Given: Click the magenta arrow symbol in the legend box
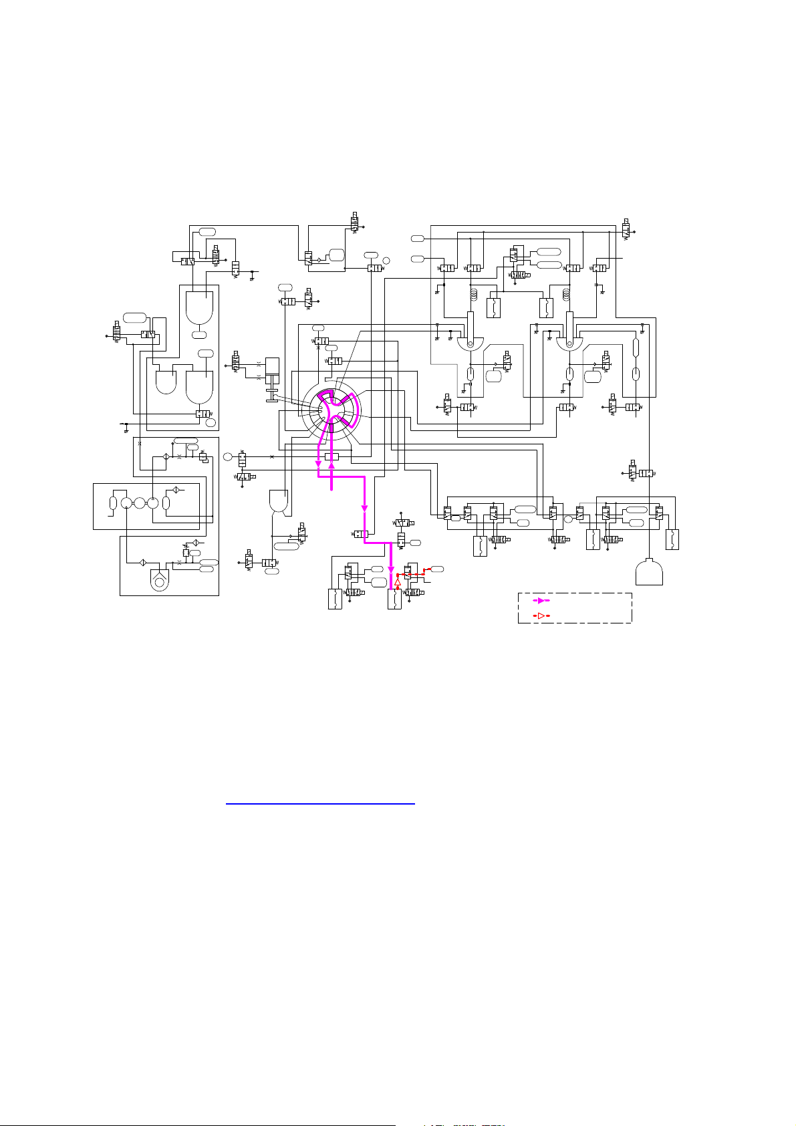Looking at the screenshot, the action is (543, 601).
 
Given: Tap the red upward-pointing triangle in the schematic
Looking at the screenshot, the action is (397, 582).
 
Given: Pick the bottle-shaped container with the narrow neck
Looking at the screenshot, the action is (649, 573).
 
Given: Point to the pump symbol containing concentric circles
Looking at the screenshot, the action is (159, 582).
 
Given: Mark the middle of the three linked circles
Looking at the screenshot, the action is (139, 503).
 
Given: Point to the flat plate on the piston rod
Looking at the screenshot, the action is (272, 400).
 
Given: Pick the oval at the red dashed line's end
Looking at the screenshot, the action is (438, 568).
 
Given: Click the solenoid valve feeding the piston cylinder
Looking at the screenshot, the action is (235, 361).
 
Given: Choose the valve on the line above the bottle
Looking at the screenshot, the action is (645, 473).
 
